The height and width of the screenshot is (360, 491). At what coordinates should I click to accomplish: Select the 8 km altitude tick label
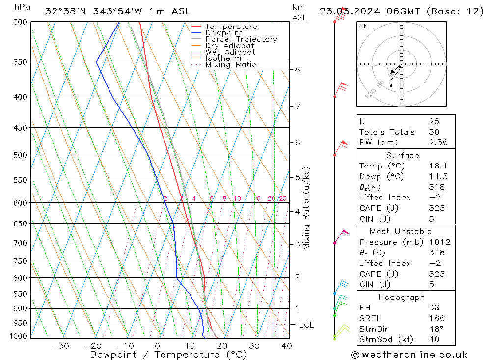coord(297,69)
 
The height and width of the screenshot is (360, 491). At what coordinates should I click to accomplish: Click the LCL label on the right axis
coord(306,325)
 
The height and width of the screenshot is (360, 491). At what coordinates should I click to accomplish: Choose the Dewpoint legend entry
coord(224,33)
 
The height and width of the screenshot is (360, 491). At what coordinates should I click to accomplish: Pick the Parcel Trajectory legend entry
coord(241,39)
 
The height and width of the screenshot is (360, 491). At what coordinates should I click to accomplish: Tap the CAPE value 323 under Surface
coord(436,208)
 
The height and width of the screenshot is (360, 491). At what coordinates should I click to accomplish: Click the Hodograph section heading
coord(402,297)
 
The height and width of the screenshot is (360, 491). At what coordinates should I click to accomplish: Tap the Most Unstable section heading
coord(401,231)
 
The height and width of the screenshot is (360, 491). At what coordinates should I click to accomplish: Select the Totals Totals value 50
coord(434,132)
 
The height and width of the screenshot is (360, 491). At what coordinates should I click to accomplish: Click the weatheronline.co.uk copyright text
coord(409,354)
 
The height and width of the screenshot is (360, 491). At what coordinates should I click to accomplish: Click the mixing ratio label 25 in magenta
coord(283,198)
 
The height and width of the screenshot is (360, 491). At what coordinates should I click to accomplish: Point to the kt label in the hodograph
coord(362,26)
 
